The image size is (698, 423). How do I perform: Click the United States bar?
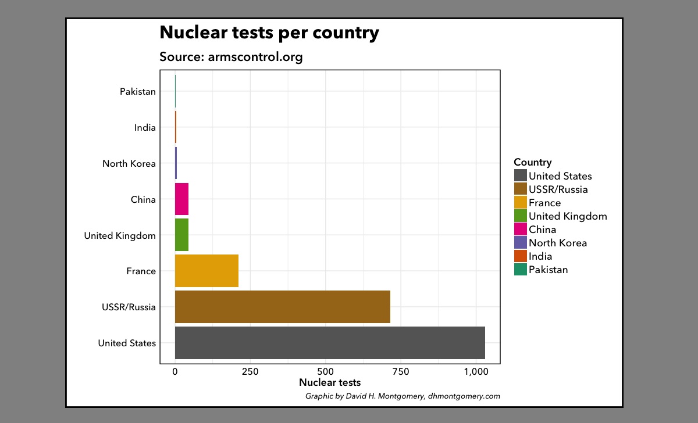[330, 343]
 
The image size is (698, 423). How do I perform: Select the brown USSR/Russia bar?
[282, 307]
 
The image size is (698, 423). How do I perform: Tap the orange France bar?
[206, 271]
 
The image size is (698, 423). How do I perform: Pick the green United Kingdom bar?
[181, 235]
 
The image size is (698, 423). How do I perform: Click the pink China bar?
[181, 199]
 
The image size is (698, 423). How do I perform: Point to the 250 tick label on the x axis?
[250, 372]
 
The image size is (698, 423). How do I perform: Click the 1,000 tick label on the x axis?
[476, 372]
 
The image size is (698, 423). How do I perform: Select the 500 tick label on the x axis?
[325, 372]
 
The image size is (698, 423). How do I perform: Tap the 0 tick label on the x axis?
[175, 372]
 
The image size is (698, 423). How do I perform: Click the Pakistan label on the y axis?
[138, 92]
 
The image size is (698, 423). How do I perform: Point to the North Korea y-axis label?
[129, 164]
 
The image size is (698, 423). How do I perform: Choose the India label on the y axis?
[145, 128]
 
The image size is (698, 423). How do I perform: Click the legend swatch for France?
[520, 203]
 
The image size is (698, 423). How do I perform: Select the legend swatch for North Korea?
[520, 243]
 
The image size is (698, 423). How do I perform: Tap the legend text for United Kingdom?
[568, 216]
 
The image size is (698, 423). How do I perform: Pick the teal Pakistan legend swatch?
[520, 270]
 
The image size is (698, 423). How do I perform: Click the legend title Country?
[532, 163]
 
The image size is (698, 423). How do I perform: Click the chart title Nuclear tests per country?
[269, 33]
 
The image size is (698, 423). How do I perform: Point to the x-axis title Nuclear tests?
[330, 382]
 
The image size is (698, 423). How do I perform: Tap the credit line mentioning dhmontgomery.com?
[403, 396]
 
